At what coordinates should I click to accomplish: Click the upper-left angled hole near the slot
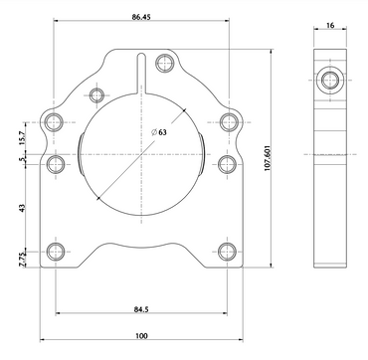tap(97, 95)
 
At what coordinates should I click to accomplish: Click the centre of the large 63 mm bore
tap(142, 157)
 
